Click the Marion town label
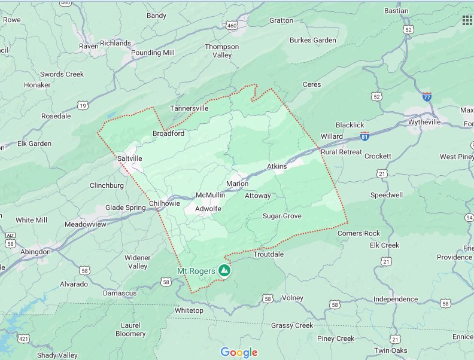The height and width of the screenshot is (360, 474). pos(237,184)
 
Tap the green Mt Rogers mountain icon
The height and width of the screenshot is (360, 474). pos(224,271)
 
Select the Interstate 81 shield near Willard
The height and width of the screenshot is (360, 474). pos(364,136)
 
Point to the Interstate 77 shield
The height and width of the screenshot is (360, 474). pos(426,96)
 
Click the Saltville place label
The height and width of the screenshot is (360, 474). pos(130,158)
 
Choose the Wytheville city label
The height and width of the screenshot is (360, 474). pos(424,122)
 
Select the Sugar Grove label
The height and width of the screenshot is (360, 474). pos(282,216)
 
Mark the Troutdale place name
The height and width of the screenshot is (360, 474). pos(268,254)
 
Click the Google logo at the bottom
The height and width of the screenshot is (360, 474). pos(239,352)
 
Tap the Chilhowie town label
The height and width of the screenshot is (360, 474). pos(164,203)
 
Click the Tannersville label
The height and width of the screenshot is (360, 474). pos(189,108)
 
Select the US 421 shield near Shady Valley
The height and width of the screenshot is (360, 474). pos(23,339)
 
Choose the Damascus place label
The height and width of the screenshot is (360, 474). pos(120,293)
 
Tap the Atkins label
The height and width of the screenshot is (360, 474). pos(276,166)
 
